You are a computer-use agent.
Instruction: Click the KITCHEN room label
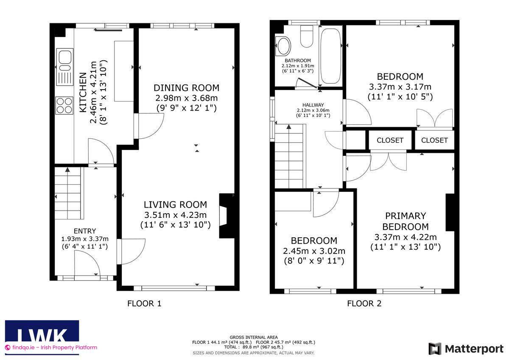[x=83, y=92]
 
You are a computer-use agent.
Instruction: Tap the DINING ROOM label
[x=186, y=88]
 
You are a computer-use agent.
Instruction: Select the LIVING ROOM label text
[x=176, y=205]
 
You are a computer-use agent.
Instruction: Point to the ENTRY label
[x=85, y=231]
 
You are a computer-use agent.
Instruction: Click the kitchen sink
[x=65, y=67]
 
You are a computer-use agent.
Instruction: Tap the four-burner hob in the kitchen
[x=64, y=106]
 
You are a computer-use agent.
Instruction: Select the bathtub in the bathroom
[x=330, y=56]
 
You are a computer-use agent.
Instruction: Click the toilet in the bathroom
[x=307, y=37]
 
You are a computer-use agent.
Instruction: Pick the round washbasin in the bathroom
[x=284, y=46]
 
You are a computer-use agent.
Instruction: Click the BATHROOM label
[x=298, y=60]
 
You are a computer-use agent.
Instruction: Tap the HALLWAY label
[x=313, y=105]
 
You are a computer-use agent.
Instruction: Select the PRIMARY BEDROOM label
[x=406, y=221]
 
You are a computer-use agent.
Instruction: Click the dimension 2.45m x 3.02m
[x=314, y=251]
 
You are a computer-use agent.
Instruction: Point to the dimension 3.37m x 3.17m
[x=400, y=87]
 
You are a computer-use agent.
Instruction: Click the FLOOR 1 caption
[x=144, y=304]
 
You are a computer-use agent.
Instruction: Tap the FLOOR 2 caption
[x=364, y=304]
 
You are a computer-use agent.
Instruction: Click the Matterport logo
[x=466, y=349]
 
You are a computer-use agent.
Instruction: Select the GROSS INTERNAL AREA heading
[x=254, y=337]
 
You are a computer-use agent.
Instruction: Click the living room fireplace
[x=227, y=216]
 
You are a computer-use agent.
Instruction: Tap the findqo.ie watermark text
[x=51, y=348]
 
